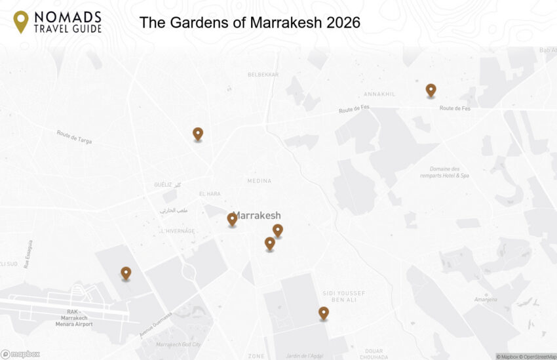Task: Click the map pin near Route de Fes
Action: click(431, 90)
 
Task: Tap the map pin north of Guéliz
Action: click(198, 134)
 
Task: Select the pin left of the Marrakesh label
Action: click(232, 219)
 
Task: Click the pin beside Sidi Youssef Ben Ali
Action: click(323, 313)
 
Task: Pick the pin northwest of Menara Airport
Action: click(126, 273)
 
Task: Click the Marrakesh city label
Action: click(258, 216)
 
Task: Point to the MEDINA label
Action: click(259, 181)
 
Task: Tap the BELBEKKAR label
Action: click(263, 75)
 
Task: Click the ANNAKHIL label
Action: click(380, 94)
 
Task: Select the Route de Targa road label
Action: click(74, 136)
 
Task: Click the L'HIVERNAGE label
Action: click(178, 231)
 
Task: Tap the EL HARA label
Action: click(210, 194)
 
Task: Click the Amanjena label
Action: click(486, 300)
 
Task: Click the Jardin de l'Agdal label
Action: click(305, 356)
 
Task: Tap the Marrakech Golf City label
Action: click(178, 345)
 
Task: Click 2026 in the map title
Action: click(343, 23)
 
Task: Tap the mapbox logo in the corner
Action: click(20, 354)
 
